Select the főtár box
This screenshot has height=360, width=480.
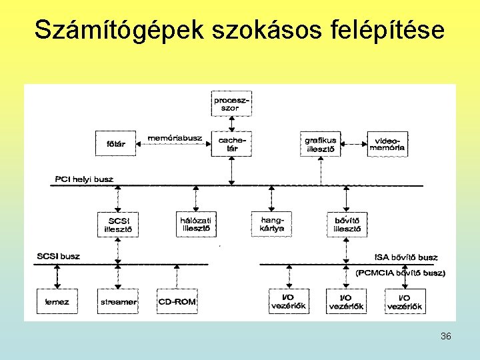click(116, 143)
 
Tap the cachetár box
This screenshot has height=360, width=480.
click(231, 143)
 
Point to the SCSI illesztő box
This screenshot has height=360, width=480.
click(118, 224)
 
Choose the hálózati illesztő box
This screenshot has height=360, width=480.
click(197, 224)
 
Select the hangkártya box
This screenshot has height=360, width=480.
click(271, 224)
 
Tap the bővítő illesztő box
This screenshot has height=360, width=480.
click(347, 224)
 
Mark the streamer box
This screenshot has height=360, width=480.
click(118, 301)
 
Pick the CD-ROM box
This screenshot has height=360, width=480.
click(177, 301)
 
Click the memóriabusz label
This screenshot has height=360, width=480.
click(175, 137)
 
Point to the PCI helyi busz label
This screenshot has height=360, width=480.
click(84, 179)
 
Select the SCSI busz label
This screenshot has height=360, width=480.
click(58, 256)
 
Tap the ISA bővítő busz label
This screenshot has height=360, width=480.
click(405, 257)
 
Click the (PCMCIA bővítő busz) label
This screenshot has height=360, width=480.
click(401, 273)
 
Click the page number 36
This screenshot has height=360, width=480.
click(445, 336)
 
